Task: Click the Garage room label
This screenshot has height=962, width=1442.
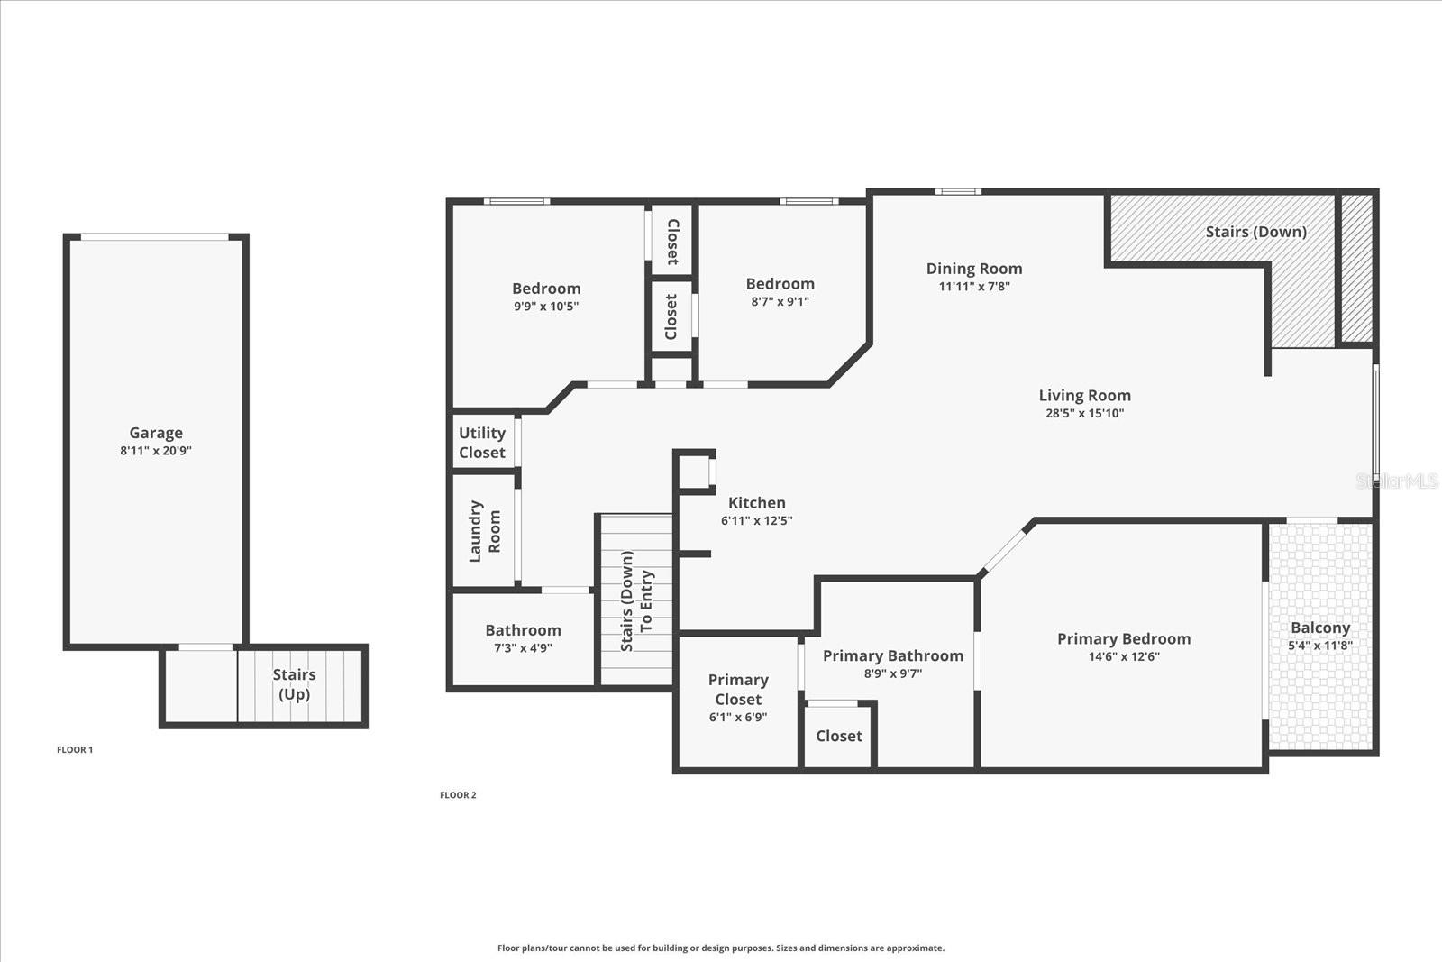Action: click(x=156, y=433)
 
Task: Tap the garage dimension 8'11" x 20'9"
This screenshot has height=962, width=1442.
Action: click(x=156, y=451)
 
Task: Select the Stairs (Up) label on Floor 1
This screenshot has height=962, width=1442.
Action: click(x=294, y=683)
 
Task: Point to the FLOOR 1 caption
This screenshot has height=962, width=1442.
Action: click(x=75, y=749)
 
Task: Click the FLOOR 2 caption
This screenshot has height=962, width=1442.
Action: click(x=458, y=795)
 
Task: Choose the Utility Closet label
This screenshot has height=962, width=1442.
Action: click(x=482, y=443)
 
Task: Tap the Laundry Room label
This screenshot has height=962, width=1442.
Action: click(x=484, y=531)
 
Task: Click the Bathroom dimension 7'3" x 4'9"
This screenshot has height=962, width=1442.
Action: click(x=524, y=647)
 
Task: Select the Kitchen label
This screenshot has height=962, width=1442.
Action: click(x=756, y=502)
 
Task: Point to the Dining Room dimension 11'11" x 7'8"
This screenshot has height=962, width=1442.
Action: click(x=974, y=287)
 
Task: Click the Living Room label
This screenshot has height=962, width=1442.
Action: click(x=1085, y=396)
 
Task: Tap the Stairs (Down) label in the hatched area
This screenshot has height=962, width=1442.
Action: click(x=1256, y=232)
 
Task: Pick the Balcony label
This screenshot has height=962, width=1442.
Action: click(x=1320, y=628)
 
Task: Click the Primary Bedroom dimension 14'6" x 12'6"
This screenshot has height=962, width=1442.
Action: click(x=1124, y=656)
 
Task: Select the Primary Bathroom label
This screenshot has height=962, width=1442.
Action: click(x=893, y=655)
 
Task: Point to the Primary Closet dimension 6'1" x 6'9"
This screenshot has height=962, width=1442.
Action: click(x=738, y=718)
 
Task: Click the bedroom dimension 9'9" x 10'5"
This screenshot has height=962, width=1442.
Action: click(x=546, y=307)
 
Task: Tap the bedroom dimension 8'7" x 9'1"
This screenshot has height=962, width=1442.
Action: click(x=780, y=301)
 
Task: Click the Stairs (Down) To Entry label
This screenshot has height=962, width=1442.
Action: click(x=636, y=600)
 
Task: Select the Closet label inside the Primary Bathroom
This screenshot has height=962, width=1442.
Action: click(x=839, y=736)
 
